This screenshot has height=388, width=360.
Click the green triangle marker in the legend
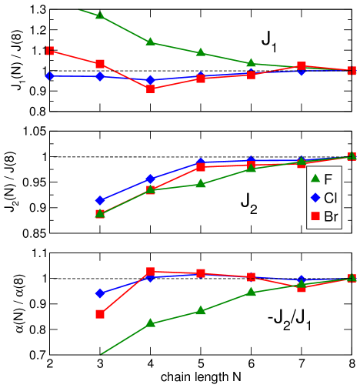tap(315, 179)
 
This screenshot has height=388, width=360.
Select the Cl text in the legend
tap(331, 198)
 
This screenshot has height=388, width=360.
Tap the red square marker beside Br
tap(315, 217)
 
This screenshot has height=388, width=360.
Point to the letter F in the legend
tap(328, 179)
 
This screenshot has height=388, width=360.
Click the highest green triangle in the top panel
tap(100, 15)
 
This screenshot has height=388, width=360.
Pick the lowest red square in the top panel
tap(151, 89)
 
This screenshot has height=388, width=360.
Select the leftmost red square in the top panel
tap(49, 51)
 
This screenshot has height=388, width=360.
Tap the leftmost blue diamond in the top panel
tap(49, 75)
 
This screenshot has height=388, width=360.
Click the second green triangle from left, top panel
tap(151, 42)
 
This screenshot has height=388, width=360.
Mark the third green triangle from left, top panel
tap(201, 52)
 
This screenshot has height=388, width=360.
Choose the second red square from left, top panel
tap(100, 64)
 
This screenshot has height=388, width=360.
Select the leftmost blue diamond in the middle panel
tap(100, 200)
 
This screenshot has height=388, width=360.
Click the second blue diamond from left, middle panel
tap(151, 179)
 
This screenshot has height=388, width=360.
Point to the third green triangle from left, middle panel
tap(201, 183)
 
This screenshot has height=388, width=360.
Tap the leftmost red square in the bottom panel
tap(100, 314)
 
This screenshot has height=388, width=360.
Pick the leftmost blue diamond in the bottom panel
tap(100, 293)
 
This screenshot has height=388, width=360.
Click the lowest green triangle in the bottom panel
tap(151, 323)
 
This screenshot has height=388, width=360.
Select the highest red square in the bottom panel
tap(151, 272)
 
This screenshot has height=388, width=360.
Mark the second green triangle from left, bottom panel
tap(201, 310)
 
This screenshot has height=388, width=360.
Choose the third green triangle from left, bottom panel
tap(251, 292)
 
